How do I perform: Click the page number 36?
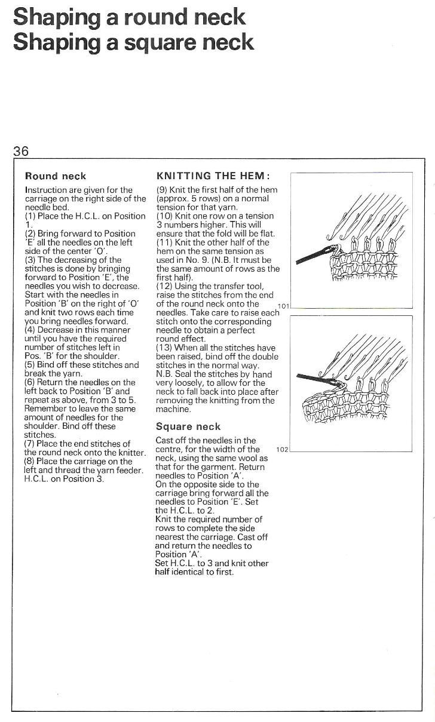pyautogui.click(x=21, y=151)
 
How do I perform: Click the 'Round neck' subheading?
pyautogui.click(x=56, y=176)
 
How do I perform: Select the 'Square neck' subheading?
pyautogui.click(x=188, y=426)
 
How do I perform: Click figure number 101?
pyautogui.click(x=284, y=306)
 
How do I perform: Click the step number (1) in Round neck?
pyautogui.click(x=30, y=216)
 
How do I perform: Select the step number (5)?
pyautogui.click(x=30, y=364)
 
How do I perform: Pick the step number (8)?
pyautogui.click(x=30, y=461)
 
